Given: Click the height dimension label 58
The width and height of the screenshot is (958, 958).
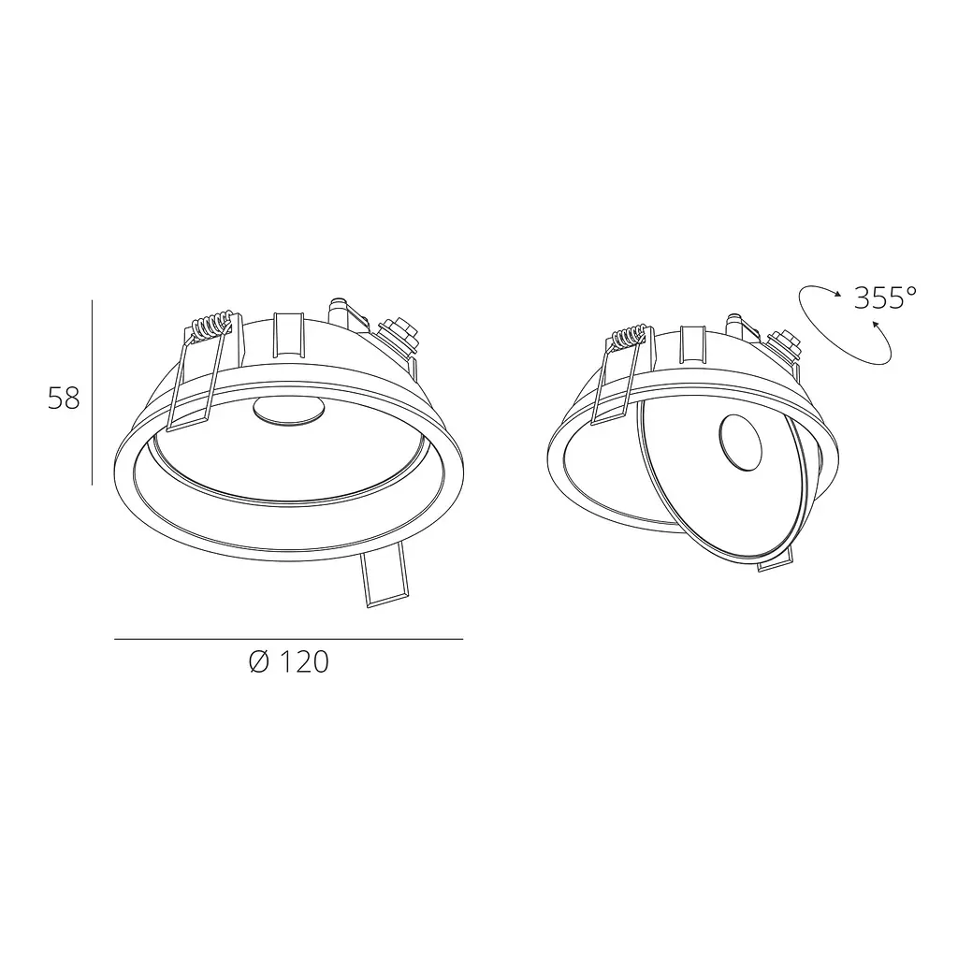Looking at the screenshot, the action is pos(65,398).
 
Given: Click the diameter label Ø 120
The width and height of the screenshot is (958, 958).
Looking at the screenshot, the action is pos(289,661).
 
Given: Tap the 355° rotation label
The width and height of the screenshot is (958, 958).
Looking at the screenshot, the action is pos(885,298).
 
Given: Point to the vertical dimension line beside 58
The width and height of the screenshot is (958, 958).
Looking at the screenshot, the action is pos(93,392).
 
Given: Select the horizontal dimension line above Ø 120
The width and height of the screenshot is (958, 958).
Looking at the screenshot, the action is pos(288,639).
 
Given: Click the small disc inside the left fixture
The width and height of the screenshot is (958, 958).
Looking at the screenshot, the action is pos(288,410).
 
